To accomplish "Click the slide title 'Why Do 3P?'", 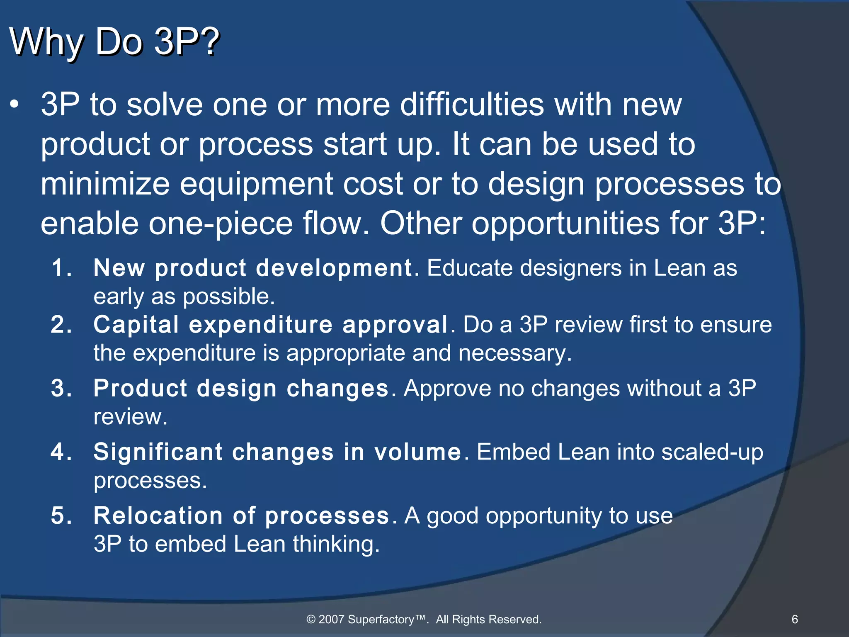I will pyautogui.click(x=114, y=42).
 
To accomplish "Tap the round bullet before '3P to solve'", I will pyautogui.click(x=15, y=105).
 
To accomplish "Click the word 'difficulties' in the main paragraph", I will pyautogui.click(x=471, y=104).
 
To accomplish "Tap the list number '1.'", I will pyautogui.click(x=62, y=268).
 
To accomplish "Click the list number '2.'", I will pyautogui.click(x=62, y=325).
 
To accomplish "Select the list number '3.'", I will pyautogui.click(x=62, y=389).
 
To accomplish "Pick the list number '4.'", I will pyautogui.click(x=62, y=452).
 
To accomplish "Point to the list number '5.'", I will pyautogui.click(x=62, y=516).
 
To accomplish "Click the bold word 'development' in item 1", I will pyautogui.click(x=333, y=268).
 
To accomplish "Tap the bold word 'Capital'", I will pyautogui.click(x=136, y=325).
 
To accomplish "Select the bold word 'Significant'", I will pyautogui.click(x=158, y=452).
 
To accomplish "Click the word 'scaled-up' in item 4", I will pyautogui.click(x=712, y=452).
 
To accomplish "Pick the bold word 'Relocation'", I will pyautogui.click(x=158, y=516).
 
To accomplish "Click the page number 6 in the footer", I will pyautogui.click(x=795, y=619).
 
